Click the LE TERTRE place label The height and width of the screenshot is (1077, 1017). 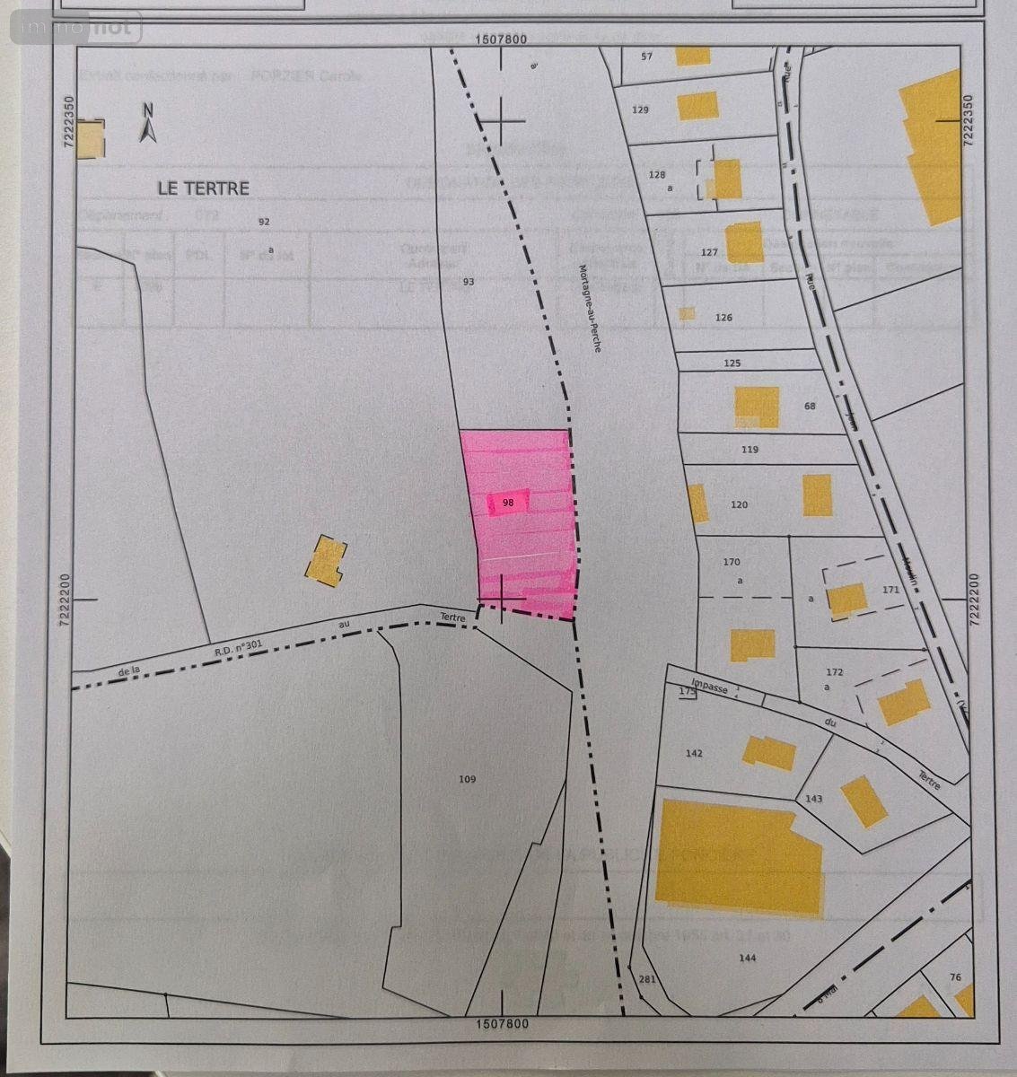(x=203, y=188)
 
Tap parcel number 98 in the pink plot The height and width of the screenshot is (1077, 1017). (x=508, y=503)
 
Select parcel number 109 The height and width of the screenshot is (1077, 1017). (x=467, y=779)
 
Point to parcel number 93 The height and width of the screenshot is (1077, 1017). (x=468, y=282)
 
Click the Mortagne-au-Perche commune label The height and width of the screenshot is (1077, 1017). (x=589, y=308)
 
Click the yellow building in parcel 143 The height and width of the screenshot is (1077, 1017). (x=864, y=801)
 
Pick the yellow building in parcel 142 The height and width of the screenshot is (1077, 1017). (x=768, y=752)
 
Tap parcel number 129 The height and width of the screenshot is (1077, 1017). (x=640, y=110)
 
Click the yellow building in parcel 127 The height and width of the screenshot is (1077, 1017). (x=744, y=241)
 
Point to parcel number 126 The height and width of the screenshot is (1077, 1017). (x=723, y=318)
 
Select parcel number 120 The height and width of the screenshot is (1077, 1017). (x=739, y=505)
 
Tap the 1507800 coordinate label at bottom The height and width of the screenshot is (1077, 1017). (x=501, y=1023)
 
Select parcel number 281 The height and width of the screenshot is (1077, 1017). (x=647, y=979)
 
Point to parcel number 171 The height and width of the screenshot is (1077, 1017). (x=890, y=590)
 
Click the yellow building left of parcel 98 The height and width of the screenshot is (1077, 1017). (x=326, y=561)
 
